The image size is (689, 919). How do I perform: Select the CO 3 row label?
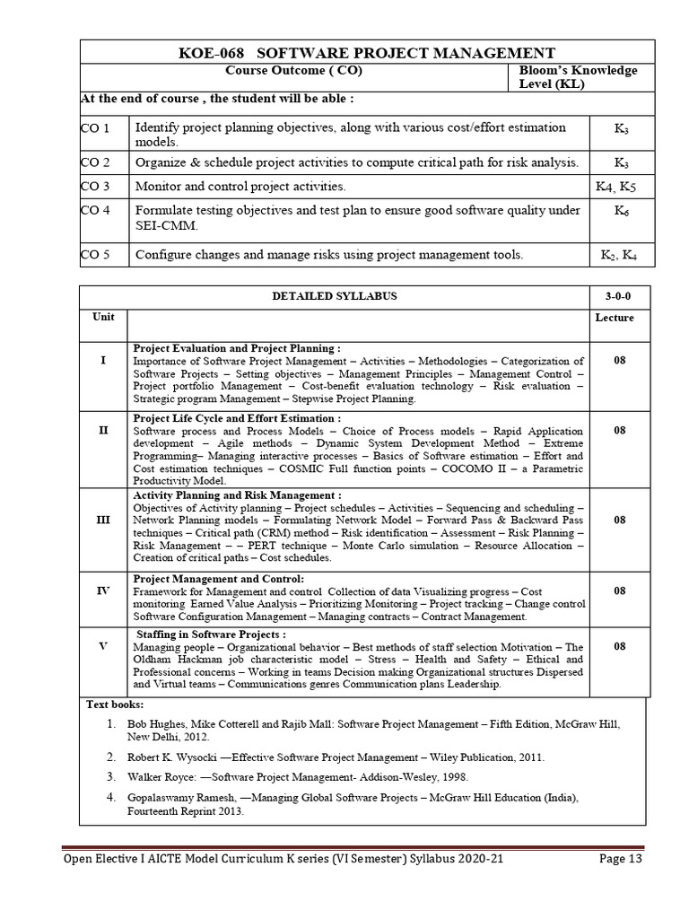[94, 187]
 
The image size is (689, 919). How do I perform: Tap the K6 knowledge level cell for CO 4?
[621, 212]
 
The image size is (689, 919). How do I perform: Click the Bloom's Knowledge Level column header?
[578, 77]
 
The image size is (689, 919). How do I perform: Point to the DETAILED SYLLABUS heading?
[334, 296]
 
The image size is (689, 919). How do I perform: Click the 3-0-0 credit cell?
[618, 296]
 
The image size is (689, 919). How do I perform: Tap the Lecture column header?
[615, 318]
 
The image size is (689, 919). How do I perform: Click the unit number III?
[103, 520]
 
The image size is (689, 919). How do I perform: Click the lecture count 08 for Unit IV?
[619, 591]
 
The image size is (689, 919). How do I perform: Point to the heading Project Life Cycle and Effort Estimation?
[237, 418]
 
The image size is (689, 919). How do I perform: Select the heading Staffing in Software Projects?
[212, 635]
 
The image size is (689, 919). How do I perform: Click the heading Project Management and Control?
[218, 579]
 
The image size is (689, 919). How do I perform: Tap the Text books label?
[114, 705]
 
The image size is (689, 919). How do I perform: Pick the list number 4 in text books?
[110, 796]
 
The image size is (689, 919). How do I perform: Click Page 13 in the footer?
[621, 884]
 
